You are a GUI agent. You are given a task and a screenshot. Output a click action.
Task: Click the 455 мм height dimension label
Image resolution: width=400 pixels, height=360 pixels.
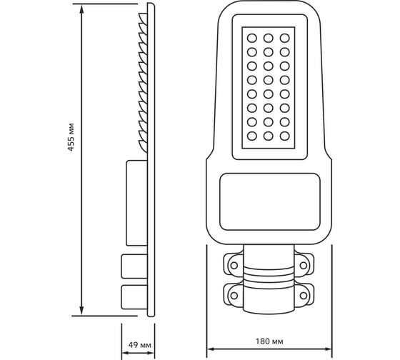coord(71,137)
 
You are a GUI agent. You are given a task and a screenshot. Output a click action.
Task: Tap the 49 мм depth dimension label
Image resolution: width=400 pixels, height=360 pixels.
coord(139,345)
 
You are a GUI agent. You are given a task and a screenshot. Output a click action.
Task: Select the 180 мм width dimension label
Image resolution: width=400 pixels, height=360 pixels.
coord(269,341)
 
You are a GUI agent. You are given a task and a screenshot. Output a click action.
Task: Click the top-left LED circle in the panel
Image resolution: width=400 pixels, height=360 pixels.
coord(251,39)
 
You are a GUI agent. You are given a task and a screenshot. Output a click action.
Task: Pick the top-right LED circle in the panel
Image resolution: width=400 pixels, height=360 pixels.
coord(285,39)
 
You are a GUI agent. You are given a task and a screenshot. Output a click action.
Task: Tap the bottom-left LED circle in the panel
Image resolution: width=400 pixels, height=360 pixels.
coord(251,136)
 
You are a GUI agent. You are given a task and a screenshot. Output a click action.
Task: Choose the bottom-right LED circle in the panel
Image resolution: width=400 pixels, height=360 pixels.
coord(285,136)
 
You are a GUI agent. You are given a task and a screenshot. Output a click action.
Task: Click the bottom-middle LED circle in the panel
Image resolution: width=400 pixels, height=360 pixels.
coord(269,136)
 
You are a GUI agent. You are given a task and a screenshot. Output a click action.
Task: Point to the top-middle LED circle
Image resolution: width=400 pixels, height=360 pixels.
coord(269,39)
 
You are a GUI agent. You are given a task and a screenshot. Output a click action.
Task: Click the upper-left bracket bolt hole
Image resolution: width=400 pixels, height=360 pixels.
coord(234,265)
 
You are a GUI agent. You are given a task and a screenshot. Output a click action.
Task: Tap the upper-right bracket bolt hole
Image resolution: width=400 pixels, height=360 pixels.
coord(304,265)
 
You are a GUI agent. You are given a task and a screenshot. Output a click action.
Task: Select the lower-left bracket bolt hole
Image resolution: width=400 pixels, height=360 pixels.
coord(234,296)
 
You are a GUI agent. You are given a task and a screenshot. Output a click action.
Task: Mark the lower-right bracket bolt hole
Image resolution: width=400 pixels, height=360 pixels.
coord(304,296)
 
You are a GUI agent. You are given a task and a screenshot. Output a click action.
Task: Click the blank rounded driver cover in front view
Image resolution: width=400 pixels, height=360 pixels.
coord(270,202)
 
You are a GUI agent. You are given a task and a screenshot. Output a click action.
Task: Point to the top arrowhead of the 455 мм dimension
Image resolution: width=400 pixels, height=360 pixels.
coord(81,9)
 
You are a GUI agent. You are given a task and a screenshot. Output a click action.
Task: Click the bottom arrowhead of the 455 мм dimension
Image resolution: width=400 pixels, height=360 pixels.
coord(81,311)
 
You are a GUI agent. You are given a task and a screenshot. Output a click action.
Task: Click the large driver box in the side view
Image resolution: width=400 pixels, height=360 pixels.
coord(136,203)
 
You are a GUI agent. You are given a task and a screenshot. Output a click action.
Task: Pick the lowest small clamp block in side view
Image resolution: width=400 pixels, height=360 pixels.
coord(134,297)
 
